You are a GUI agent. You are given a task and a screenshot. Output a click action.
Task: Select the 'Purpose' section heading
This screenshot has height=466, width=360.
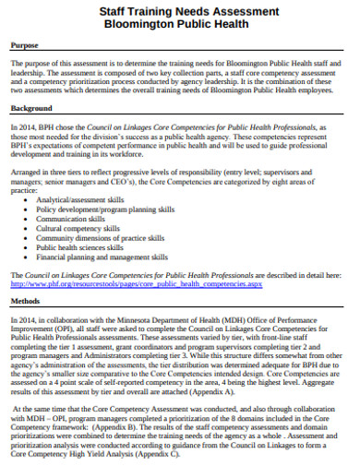tap(25, 46)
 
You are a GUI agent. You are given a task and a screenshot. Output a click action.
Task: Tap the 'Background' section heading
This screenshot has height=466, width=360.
tap(30, 108)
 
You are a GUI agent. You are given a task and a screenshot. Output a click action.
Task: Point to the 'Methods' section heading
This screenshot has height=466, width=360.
tap(26, 301)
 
